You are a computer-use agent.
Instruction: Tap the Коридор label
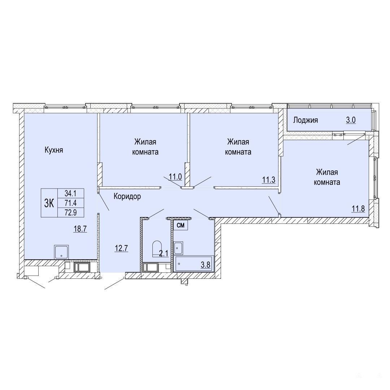pos(127,196)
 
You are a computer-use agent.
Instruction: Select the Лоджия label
pos(305,120)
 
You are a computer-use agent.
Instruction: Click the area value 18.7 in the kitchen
pos(80,229)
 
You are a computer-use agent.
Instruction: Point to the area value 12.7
pos(121,248)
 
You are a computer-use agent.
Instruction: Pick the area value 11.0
pos(175,177)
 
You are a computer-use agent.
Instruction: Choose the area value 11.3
pos(269,179)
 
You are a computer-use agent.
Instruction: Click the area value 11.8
pos(358,208)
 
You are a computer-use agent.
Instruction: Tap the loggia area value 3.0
pos(351,120)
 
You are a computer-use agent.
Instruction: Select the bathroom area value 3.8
pos(206,265)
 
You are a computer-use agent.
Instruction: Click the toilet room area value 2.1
pos(164,253)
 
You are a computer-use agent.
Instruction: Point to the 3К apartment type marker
pos(49,203)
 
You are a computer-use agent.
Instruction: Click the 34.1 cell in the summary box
pos(71,193)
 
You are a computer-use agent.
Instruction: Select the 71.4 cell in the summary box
pos(71,203)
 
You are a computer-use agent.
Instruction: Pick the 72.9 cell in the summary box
pos(71,213)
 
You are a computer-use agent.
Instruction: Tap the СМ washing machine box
pos(181,225)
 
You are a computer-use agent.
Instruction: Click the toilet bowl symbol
pos(157,248)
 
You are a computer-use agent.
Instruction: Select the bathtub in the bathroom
pos(195,264)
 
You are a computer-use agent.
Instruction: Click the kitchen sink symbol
pos(61,252)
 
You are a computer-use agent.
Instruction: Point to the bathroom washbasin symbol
pos(178,248)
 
